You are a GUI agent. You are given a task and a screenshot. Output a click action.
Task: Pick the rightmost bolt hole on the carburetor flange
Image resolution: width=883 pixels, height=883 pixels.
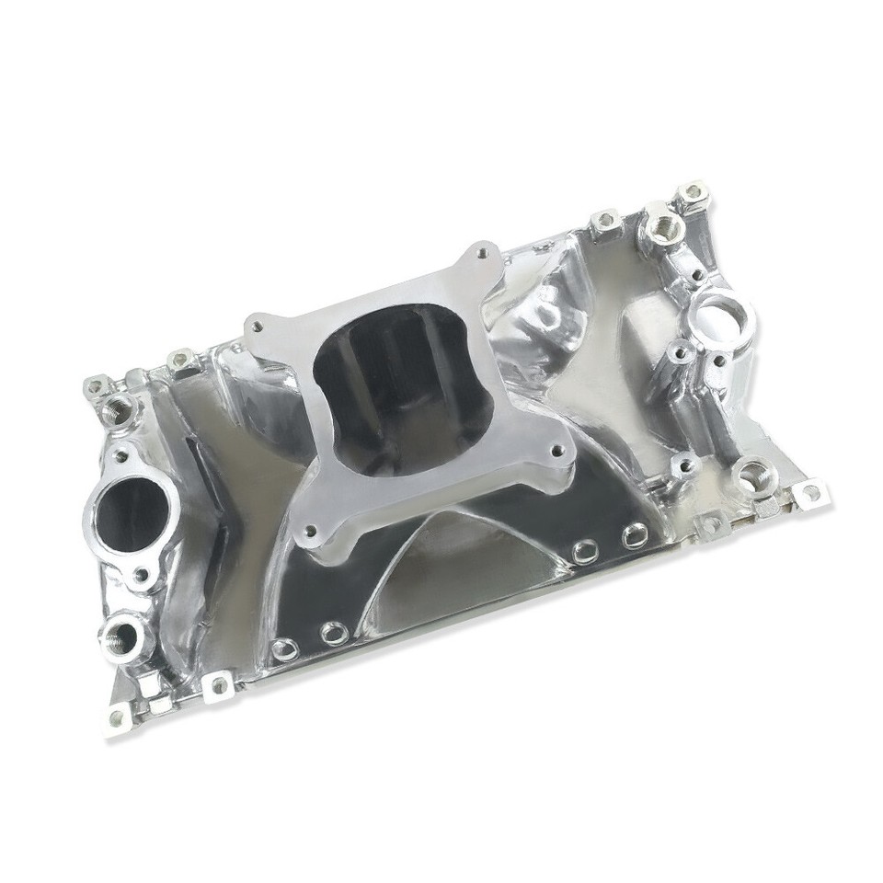point(556,452)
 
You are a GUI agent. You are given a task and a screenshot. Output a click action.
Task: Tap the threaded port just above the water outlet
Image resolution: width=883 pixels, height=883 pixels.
point(117,407)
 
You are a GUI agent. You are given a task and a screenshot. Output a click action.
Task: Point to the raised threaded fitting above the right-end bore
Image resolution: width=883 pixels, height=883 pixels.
point(659,224)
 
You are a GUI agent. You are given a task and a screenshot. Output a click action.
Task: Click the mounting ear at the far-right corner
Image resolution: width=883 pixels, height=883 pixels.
point(809,492)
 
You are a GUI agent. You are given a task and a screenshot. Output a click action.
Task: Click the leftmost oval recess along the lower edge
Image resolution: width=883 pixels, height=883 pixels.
point(287,648)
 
